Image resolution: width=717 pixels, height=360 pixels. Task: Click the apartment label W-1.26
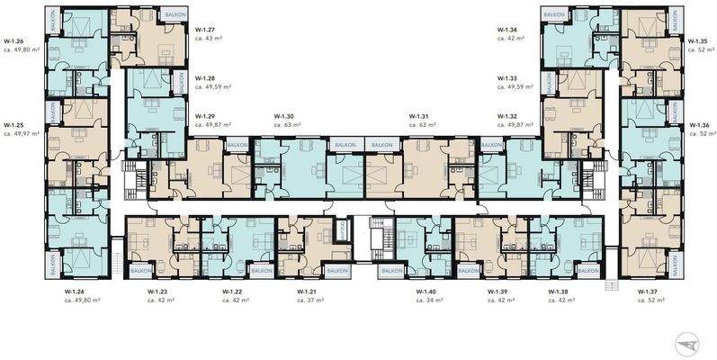pyautogui.click(x=14, y=41)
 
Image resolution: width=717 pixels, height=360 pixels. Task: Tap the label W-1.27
pyautogui.click(x=206, y=29)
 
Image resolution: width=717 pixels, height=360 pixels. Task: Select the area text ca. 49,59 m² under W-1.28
pyautogui.click(x=213, y=88)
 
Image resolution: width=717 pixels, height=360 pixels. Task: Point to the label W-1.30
pyautogui.click(x=285, y=117)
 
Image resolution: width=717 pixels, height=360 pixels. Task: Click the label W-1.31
pyautogui.click(x=418, y=117)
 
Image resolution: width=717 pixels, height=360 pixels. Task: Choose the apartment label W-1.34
pyautogui.click(x=508, y=29)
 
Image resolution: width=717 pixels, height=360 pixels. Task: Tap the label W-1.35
pyautogui.click(x=697, y=41)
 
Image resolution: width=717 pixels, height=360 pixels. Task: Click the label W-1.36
pyautogui.click(x=699, y=125)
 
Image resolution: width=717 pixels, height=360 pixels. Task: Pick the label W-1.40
pyautogui.click(x=426, y=292)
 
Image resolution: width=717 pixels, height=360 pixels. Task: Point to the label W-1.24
pyautogui.click(x=76, y=292)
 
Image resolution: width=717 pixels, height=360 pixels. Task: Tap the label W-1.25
pyautogui.click(x=14, y=125)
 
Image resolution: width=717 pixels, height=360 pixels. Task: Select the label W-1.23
pyautogui.click(x=159, y=292)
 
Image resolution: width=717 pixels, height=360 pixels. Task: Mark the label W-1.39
pyautogui.click(x=497, y=292)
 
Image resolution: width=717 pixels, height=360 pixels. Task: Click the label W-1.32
pyautogui.click(x=508, y=117)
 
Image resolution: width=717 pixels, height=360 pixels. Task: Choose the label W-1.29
pyautogui.click(x=206, y=117)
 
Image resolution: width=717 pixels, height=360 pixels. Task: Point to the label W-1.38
pyautogui.click(x=560, y=292)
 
